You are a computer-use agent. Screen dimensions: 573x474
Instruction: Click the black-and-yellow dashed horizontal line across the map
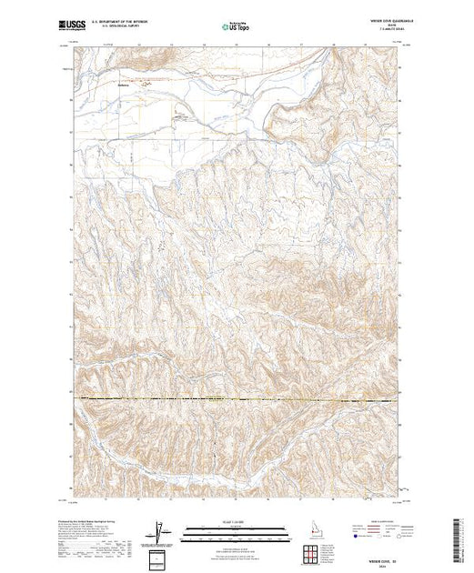(237, 399)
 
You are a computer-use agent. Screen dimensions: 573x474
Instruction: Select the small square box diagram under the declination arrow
(160, 558)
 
